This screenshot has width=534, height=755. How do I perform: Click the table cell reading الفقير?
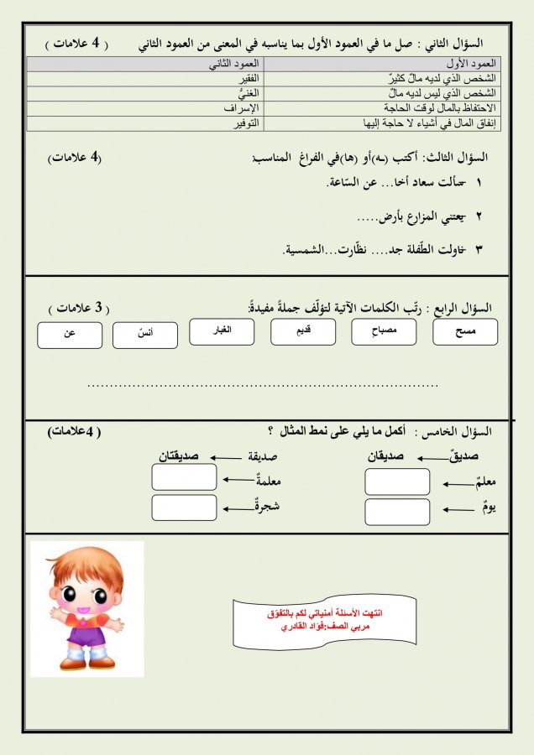pos(146,78)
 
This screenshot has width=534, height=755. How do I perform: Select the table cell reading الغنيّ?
pos(146,93)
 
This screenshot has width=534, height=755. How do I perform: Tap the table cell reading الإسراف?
pos(146,108)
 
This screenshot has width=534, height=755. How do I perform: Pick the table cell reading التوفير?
pos(146,123)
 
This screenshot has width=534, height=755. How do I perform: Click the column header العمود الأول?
pos(382,63)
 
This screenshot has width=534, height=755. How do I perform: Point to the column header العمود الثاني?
pos(146,63)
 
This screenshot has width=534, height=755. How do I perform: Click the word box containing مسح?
pos(464,332)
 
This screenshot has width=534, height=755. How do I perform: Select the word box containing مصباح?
pos(382,332)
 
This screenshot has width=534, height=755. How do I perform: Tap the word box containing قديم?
pos(303,332)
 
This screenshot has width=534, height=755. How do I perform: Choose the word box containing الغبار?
pos(222,332)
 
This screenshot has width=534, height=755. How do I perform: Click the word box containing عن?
pos(70,335)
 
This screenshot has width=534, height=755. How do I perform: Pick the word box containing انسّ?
pos(145,335)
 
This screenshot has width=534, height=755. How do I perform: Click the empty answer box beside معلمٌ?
pos(397,482)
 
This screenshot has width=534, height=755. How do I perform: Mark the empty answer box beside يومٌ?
pos(397,511)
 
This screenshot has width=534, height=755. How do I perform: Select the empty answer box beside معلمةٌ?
pos(184,477)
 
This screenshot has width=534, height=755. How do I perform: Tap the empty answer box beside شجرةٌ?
pos(184,508)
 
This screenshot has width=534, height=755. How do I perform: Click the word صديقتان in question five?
pos(179,456)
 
